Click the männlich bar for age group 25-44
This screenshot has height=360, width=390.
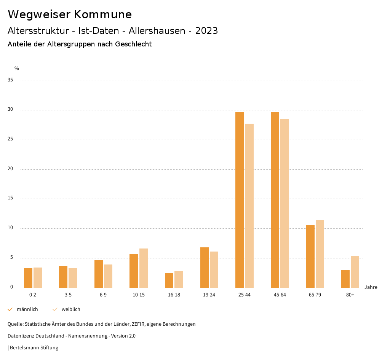coord(239,200)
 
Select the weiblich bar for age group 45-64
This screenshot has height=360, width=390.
coord(285,203)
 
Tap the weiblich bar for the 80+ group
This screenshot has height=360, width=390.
coord(355,272)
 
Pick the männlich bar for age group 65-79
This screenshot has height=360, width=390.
coord(310,256)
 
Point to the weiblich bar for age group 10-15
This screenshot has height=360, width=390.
coord(143,268)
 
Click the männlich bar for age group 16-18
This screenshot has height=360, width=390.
coord(169,280)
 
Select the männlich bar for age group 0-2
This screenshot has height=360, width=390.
coord(28,278)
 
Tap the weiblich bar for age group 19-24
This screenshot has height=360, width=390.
coord(214,269)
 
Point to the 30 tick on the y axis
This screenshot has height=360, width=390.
coord(10,110)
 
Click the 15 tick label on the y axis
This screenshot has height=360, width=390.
coord(10,198)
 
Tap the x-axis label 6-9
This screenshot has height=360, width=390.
coord(103,295)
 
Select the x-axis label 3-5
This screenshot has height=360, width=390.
coord(68,295)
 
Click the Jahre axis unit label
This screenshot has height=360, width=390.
coord(371,287)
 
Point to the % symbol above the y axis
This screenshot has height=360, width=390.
coord(16,68)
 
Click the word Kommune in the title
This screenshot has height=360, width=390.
coord(103,14)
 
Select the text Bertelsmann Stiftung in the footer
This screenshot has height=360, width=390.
coord(34,347)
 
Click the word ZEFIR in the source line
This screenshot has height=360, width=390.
coord(138,324)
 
